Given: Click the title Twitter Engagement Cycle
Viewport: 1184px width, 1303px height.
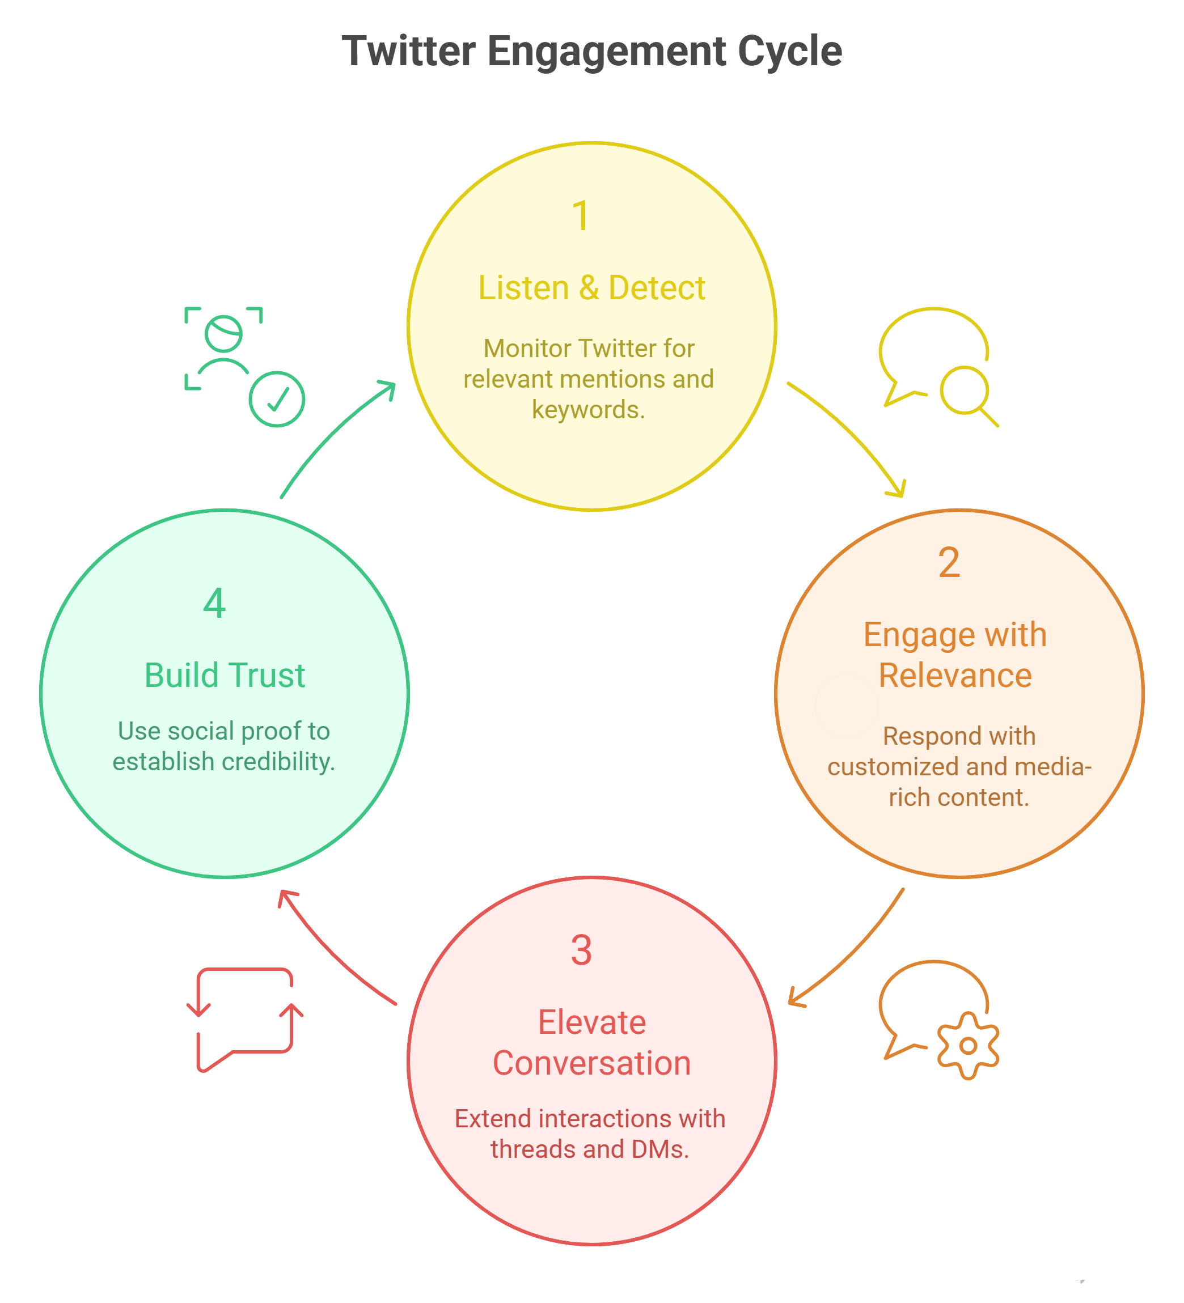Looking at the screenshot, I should pos(591,51).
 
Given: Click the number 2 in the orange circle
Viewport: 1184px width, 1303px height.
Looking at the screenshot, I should pos(949,562).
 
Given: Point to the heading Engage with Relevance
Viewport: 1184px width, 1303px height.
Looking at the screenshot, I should pos(954,655).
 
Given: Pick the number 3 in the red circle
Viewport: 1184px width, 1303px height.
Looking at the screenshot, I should pos(581,950).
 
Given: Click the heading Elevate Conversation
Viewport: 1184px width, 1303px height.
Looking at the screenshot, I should pos(591,1042).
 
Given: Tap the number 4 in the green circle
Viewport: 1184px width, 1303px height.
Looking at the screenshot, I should pos(214,603).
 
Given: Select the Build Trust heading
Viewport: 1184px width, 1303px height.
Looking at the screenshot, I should pos(225,676).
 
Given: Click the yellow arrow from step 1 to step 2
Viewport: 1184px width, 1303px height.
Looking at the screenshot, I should pos(853,433).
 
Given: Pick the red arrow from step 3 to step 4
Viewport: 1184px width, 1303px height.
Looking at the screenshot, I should pos(330,953).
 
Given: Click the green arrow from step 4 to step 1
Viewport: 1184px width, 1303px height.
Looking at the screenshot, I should pos(330,433).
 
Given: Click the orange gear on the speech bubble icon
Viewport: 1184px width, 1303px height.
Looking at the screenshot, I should pos(967,1045).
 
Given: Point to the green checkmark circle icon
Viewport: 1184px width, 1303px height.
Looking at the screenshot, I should pos(277,399).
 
